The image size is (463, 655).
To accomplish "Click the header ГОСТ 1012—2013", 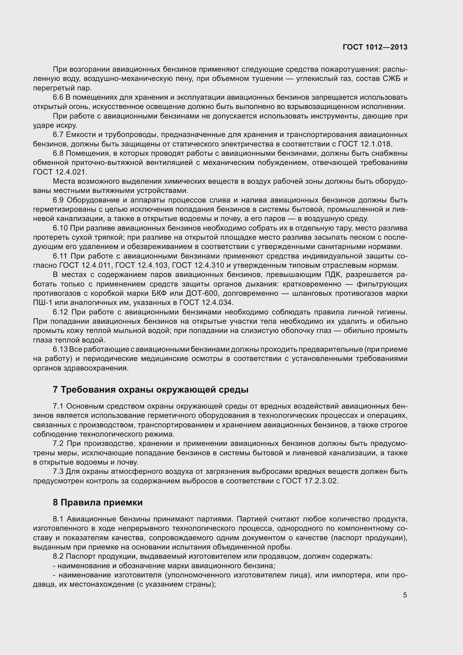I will click(x=375, y=47).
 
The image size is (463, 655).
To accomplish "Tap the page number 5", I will click(x=405, y=595).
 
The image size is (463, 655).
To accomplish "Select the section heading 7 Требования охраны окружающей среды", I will click(x=151, y=390).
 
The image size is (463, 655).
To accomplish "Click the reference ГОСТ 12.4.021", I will click(x=60, y=172).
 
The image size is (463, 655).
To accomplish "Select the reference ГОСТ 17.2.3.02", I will click(x=310, y=481).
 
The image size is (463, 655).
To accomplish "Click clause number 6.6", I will click(x=58, y=97).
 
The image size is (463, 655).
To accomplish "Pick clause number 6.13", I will click(x=60, y=349).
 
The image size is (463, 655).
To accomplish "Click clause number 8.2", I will click(x=58, y=556).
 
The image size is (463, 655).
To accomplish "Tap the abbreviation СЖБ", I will click(x=390, y=79).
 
